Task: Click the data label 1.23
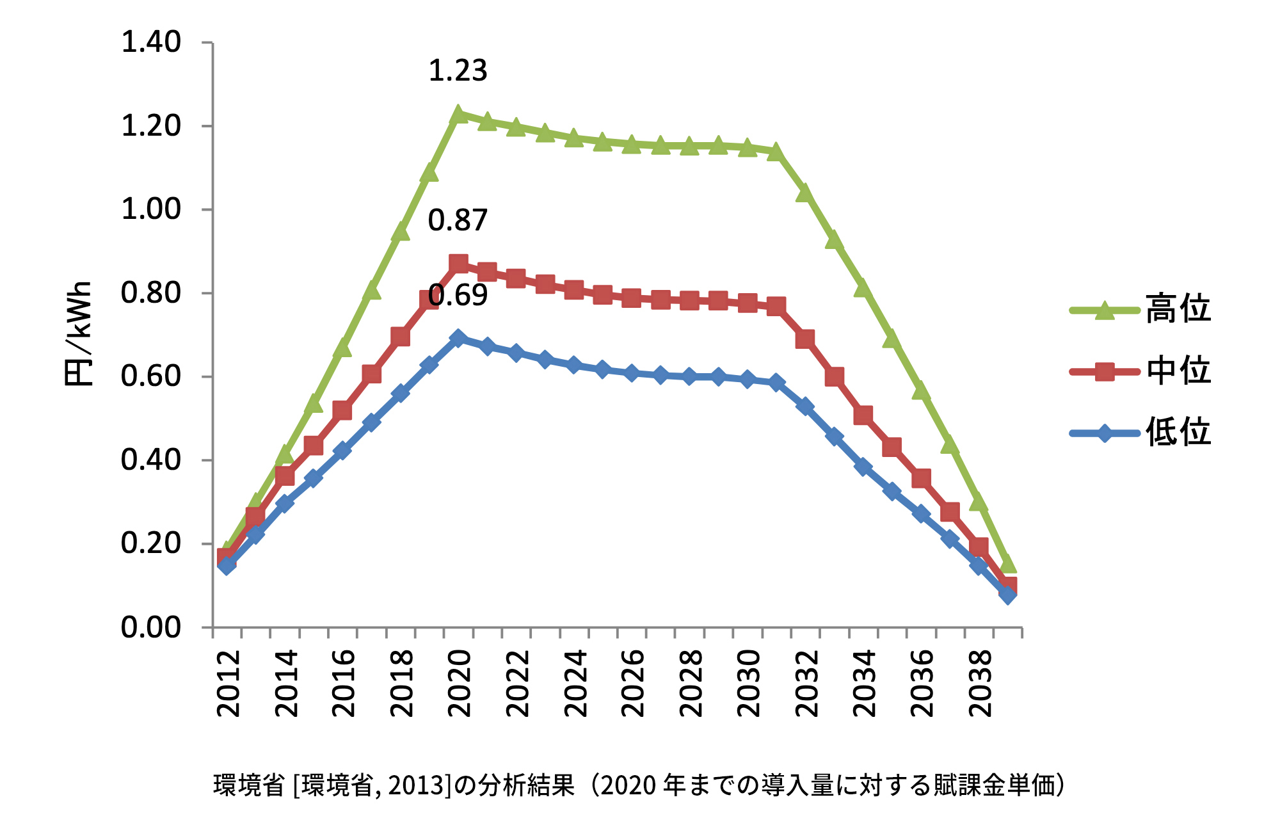(x=458, y=70)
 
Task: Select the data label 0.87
(x=458, y=220)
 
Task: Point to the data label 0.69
(x=458, y=296)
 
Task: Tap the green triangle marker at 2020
(x=458, y=115)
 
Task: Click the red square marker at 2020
(x=458, y=264)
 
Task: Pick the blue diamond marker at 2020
(x=458, y=338)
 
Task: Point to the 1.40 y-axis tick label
(x=151, y=43)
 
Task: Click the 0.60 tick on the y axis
(x=151, y=376)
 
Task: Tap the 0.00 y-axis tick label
(x=151, y=627)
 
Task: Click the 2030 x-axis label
(x=749, y=684)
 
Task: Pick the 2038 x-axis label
(x=980, y=684)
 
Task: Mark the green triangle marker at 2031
(x=776, y=152)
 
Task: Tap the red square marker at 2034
(x=863, y=415)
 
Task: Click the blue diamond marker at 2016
(x=342, y=450)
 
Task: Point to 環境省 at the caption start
(x=249, y=785)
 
